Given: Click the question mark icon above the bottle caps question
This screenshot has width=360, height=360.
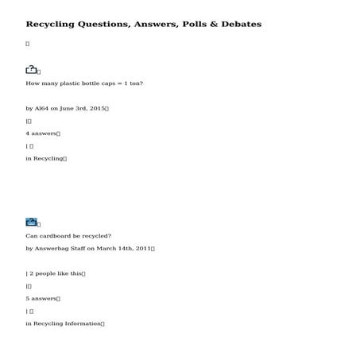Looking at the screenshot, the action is point(31,70).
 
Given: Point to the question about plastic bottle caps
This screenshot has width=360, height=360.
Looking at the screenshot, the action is point(84,83).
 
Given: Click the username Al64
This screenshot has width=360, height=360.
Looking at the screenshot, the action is point(42,108).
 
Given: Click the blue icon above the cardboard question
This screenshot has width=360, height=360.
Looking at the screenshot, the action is point(31,223).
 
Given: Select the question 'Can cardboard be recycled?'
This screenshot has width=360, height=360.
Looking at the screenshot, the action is point(68,235).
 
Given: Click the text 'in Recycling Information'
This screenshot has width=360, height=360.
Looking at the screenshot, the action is point(63,324).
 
